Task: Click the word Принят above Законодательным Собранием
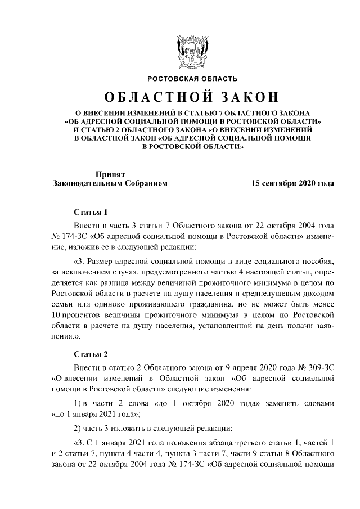[110, 174]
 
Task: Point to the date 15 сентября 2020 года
[292, 183]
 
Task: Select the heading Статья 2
[91, 354]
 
